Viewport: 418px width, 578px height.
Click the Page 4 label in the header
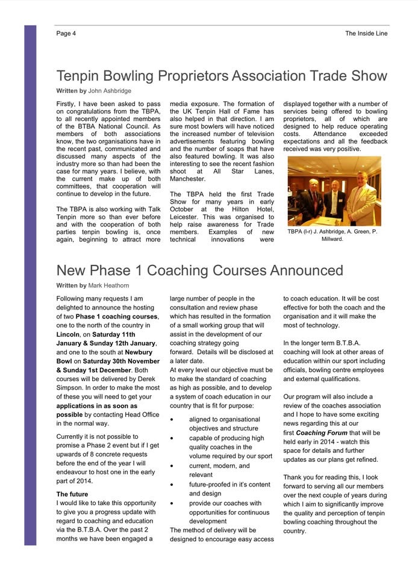click(x=66, y=34)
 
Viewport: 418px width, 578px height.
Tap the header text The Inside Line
click(x=366, y=34)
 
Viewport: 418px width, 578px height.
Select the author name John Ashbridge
click(x=110, y=91)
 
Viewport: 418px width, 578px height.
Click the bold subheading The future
click(x=72, y=494)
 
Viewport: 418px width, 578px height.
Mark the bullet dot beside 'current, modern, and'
click(x=173, y=466)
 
